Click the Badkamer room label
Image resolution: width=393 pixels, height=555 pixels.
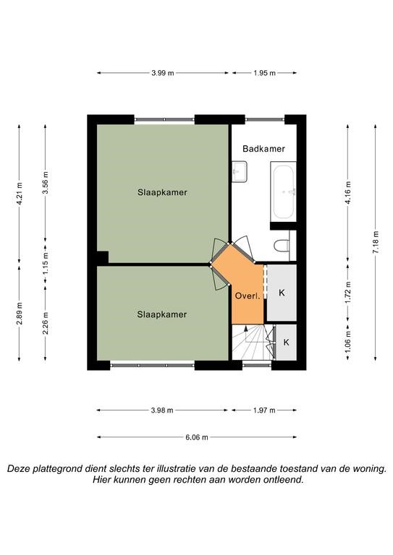click(263, 149)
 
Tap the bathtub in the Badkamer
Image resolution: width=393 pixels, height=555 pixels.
click(283, 192)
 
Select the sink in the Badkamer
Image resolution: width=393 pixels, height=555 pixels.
click(240, 172)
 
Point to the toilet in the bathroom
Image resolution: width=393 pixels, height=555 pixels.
click(282, 245)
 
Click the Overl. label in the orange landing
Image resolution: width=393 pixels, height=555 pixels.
click(248, 296)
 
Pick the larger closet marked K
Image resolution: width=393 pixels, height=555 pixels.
click(282, 293)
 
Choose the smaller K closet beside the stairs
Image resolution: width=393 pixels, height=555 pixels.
click(286, 343)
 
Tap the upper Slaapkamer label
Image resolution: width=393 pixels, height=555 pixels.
click(162, 192)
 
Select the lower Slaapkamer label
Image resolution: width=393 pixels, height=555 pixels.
click(162, 314)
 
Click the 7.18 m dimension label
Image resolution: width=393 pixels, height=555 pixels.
click(376, 242)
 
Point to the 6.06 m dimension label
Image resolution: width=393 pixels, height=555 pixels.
click(197, 437)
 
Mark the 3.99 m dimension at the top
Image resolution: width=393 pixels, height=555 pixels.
click(163, 73)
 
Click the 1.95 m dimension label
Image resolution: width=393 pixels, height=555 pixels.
click(264, 73)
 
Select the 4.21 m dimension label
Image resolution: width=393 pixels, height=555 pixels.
click(19, 193)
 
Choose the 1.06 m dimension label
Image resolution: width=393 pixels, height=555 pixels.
click(348, 343)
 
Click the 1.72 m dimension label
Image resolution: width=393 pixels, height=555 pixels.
click(348, 293)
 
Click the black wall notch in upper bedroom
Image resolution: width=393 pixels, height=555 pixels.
click(103, 257)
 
